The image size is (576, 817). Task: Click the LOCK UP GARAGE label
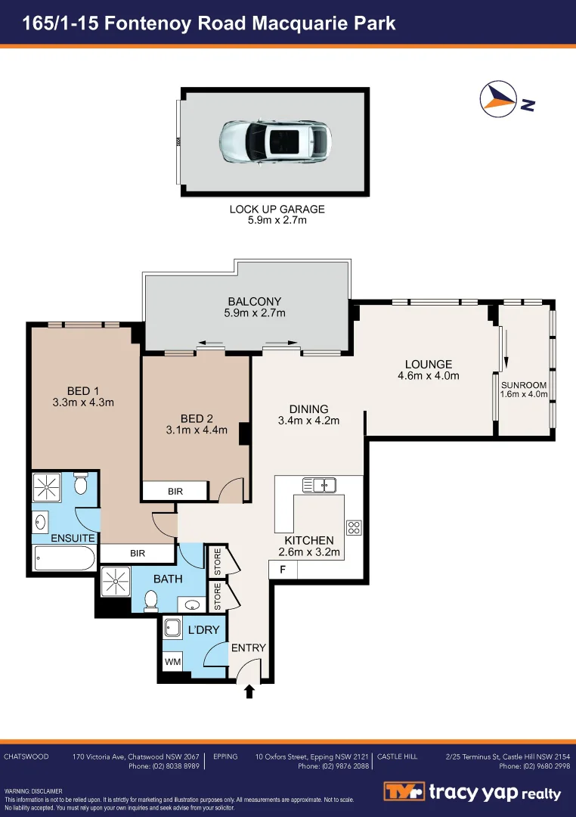point(277,209)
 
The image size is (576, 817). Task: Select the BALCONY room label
point(254,301)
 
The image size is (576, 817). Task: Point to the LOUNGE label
point(428,364)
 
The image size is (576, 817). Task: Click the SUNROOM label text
point(524,385)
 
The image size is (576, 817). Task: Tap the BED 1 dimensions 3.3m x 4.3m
point(83,402)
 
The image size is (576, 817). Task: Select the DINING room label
point(308,409)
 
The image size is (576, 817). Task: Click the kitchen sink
point(320,483)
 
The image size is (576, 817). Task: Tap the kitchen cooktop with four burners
point(354,527)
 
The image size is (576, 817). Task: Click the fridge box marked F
point(283,570)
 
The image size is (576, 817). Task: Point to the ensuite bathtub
point(65,560)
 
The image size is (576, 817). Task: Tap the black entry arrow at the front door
point(249,690)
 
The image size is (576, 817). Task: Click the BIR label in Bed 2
point(175,492)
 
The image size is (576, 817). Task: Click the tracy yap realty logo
point(473,792)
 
